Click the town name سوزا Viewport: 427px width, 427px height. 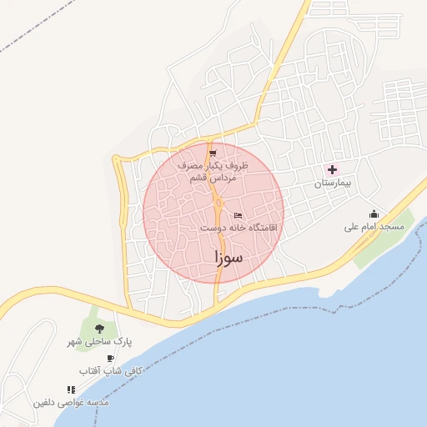point(227,259)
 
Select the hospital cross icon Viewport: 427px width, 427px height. point(332,169)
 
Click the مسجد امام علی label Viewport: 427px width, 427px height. point(374,227)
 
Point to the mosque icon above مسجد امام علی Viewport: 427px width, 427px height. point(374,213)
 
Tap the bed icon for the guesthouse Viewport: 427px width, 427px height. point(239,215)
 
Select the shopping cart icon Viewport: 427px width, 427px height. point(213,153)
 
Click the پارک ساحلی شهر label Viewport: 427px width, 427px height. point(100,342)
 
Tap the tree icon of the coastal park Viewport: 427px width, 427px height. point(100,329)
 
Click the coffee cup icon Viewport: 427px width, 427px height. point(110,358)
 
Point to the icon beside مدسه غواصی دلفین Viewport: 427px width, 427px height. point(71,389)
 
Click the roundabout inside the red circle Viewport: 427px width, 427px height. point(219,203)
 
